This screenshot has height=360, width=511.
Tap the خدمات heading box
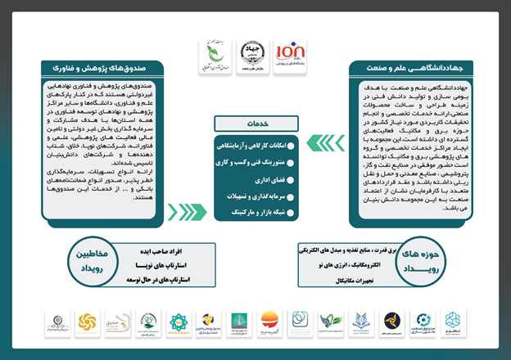pos(255,123)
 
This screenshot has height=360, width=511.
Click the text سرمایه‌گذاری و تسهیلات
pos(254,196)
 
